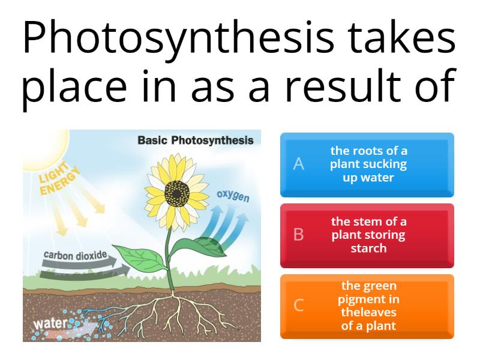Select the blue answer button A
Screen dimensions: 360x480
tap(367, 164)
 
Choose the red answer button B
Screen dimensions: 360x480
tap(367, 235)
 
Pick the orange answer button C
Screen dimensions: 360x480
tap(367, 306)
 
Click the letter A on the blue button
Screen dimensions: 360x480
tap(298, 164)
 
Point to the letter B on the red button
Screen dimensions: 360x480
tap(298, 235)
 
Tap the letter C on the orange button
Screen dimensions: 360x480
tap(298, 306)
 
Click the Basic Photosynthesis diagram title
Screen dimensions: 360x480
tap(196, 140)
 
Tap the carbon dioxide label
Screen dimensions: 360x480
tap(75, 255)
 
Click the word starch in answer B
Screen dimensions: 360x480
tap(368, 248)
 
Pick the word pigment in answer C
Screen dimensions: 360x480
tap(368, 299)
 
